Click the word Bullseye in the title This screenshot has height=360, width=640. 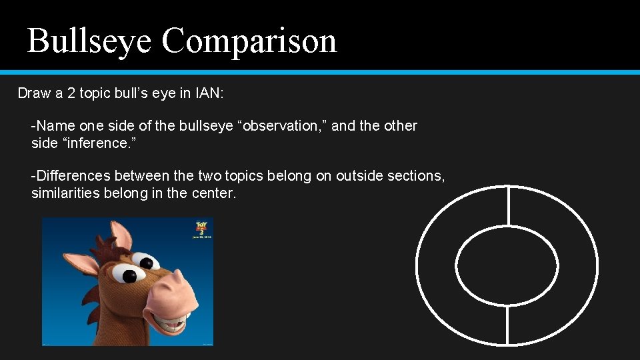click(x=89, y=41)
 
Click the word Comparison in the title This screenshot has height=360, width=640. click(x=249, y=41)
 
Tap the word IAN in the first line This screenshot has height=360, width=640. click(x=209, y=93)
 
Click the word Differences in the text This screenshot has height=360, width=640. click(x=73, y=176)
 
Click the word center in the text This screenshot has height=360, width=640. click(x=215, y=193)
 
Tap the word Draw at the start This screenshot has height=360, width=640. click(x=33, y=93)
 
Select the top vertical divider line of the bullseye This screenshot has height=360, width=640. click(x=508, y=206)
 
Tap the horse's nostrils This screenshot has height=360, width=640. click(x=179, y=280)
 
